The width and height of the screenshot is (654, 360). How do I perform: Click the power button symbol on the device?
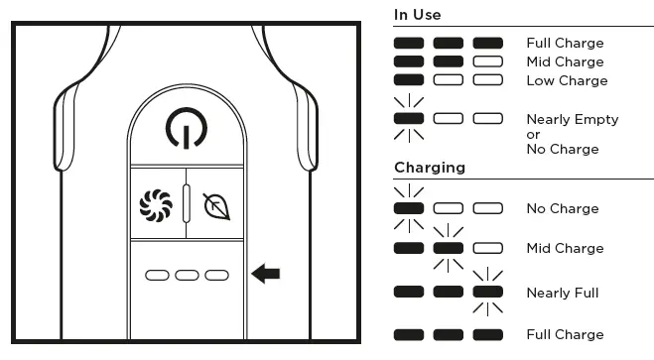(x=187, y=128)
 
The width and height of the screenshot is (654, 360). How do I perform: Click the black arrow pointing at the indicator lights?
(x=265, y=273)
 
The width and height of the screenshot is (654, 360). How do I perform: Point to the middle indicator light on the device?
(x=187, y=273)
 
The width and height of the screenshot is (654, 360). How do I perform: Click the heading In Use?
(x=417, y=15)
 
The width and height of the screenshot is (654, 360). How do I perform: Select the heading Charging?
(x=430, y=167)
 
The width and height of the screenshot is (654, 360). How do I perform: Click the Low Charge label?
(x=567, y=80)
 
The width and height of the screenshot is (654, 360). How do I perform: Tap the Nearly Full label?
(x=563, y=293)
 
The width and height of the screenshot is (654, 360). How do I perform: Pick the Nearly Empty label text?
(x=572, y=119)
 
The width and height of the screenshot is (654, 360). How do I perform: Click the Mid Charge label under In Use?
(x=565, y=61)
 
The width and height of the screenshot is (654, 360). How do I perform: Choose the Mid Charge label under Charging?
(x=565, y=248)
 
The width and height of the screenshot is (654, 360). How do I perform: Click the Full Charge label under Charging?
(x=565, y=334)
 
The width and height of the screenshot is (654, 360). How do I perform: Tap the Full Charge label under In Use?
(x=565, y=43)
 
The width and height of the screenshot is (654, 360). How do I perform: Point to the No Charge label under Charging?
(x=563, y=208)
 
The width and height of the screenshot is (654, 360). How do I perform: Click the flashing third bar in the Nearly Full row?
(x=487, y=293)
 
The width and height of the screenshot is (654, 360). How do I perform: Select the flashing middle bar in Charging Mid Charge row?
(x=448, y=248)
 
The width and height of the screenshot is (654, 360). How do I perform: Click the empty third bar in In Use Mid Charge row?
(x=487, y=61)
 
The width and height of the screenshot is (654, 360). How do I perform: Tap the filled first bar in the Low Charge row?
(x=409, y=80)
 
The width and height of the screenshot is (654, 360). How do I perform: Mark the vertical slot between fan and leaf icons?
(x=187, y=202)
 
